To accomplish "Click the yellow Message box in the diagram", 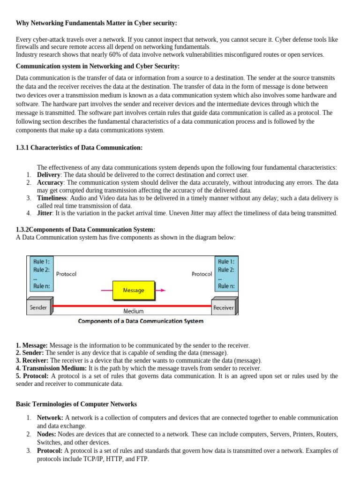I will [134, 290].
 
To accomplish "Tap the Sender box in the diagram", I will [38, 307].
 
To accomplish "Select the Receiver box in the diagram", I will [224, 307].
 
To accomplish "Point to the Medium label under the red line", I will [134, 311].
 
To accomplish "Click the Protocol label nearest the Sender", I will [66, 274].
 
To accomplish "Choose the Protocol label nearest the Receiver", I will [202, 274].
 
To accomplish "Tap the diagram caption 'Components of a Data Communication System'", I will [141, 321].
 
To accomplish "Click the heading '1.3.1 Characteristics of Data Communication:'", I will [79, 148].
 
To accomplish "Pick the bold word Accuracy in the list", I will [50, 182].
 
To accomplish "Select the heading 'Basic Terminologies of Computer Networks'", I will [76, 404].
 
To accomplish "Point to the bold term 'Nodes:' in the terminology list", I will [46, 435].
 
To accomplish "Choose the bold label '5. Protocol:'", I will [32, 376].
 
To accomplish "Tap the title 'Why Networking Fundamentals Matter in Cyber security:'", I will [97, 23].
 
